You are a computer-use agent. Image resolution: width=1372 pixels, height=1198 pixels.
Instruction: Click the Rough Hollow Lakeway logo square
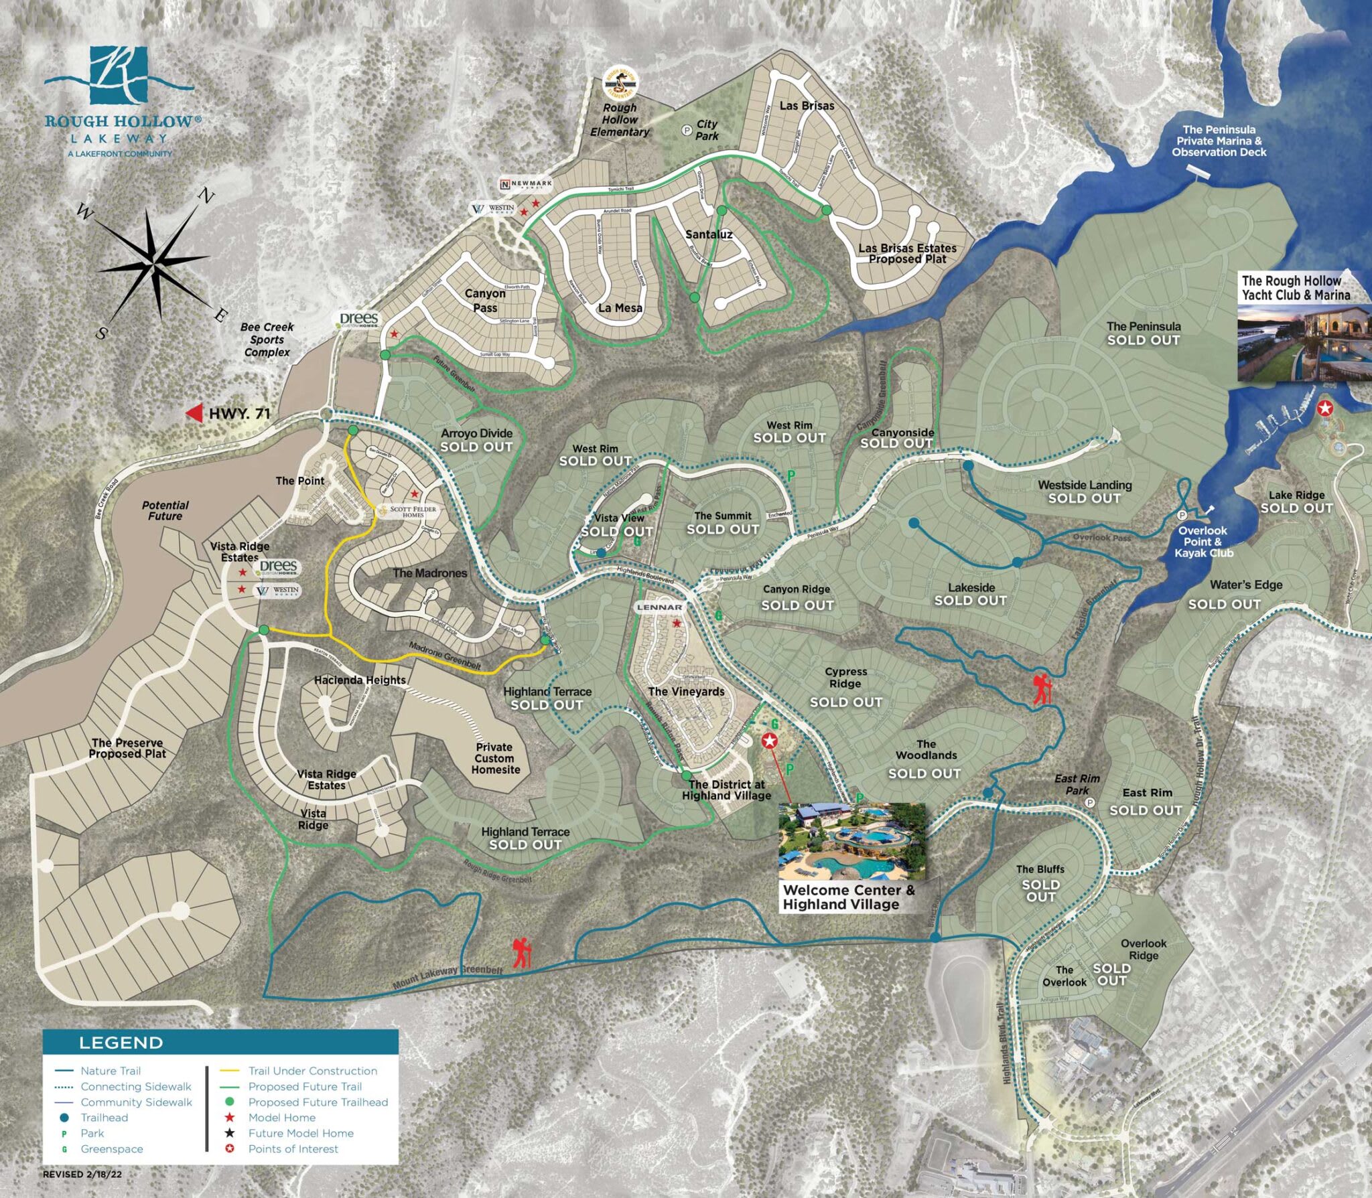pyautogui.click(x=119, y=74)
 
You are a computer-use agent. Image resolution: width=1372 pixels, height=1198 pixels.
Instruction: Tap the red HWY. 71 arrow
pyautogui.click(x=195, y=413)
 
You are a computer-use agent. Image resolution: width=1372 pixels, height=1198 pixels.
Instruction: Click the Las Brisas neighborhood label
pyautogui.click(x=807, y=106)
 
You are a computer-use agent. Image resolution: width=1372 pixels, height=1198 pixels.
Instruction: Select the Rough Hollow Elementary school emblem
pyautogui.click(x=621, y=83)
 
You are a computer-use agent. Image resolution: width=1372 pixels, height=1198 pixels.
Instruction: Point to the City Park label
pyautogui.click(x=706, y=130)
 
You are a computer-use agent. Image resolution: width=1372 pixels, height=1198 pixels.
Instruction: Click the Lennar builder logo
pyautogui.click(x=659, y=607)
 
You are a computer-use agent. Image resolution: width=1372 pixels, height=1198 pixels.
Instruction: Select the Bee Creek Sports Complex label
pyautogui.click(x=267, y=340)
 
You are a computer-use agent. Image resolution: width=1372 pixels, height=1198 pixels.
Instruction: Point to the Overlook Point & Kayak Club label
pyautogui.click(x=1203, y=542)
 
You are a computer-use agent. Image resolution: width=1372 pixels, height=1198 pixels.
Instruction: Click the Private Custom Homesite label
pyautogui.click(x=495, y=758)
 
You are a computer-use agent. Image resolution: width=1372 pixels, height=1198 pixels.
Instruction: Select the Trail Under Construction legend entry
pyautogui.click(x=312, y=1071)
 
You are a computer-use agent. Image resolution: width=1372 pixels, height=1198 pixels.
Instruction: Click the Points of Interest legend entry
pyautogui.click(x=293, y=1148)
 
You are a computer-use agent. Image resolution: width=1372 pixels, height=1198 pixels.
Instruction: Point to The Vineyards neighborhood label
pyautogui.click(x=686, y=692)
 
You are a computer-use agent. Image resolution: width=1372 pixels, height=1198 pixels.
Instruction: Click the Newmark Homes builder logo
pyautogui.click(x=527, y=183)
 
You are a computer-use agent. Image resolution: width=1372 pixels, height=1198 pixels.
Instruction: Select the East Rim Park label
pyautogui.click(x=1077, y=784)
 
